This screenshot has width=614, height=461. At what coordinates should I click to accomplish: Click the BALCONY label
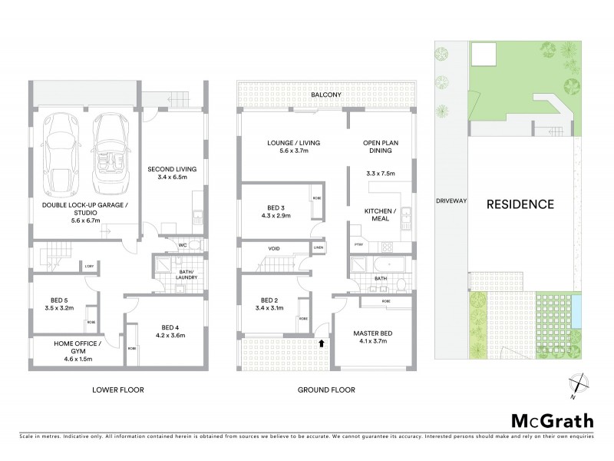326,95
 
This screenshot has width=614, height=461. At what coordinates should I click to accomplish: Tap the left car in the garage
61,154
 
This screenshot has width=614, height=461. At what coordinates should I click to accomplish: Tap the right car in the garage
111,154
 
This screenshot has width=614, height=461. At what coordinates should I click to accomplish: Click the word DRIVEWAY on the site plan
451,201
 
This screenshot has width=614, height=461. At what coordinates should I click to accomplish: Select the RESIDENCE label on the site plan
520,204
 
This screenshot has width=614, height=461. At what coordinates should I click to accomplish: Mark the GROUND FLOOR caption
326,390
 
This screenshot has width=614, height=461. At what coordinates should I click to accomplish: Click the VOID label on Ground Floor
274,249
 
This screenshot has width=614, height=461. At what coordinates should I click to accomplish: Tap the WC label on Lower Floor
183,246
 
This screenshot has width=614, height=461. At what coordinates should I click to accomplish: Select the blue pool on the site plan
576,312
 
